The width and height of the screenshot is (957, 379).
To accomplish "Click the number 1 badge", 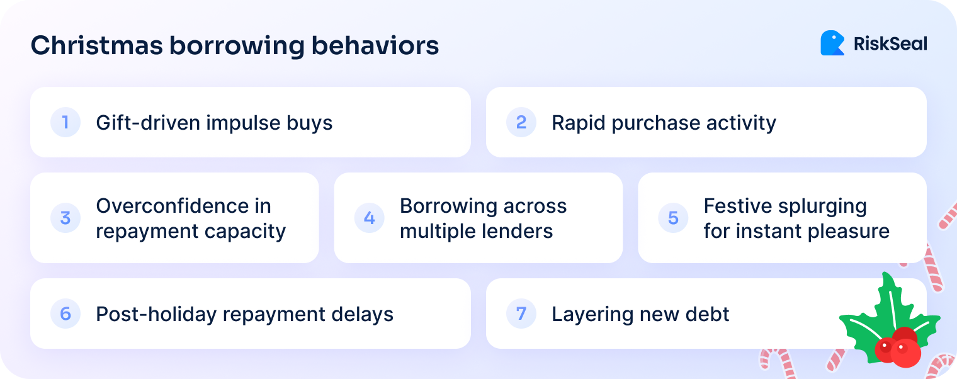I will [65, 122].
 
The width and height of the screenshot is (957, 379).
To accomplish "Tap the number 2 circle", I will [521, 122].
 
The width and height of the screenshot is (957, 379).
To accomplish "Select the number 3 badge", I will [65, 218].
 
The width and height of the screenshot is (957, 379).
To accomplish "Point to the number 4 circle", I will [370, 218].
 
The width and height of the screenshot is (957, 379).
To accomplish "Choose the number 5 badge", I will [673, 218].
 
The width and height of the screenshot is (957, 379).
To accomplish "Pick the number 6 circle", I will [65, 314].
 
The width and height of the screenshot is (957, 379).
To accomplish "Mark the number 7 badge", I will [521, 314].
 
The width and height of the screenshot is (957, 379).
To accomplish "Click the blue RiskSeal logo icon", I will [832, 43].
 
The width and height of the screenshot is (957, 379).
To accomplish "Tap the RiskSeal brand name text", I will [890, 43].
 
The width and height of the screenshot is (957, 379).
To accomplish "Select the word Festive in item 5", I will [739, 206].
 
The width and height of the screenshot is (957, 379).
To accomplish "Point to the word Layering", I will [590, 314].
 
